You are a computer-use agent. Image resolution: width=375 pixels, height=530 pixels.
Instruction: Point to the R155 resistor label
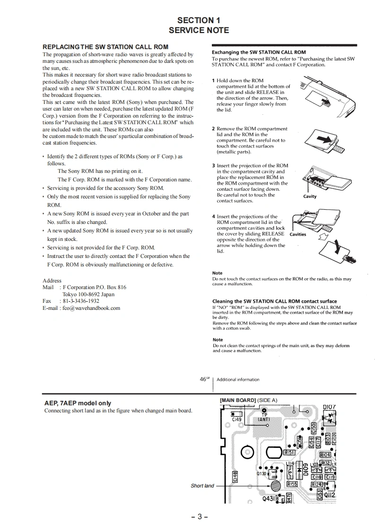point(292,484)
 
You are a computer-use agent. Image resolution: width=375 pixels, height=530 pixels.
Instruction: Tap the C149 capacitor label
point(236,419)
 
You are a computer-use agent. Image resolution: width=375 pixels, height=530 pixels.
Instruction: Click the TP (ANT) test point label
point(264,417)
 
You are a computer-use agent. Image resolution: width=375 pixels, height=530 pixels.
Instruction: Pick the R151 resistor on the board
point(289,452)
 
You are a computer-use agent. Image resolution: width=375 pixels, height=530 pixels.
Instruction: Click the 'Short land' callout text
point(202,486)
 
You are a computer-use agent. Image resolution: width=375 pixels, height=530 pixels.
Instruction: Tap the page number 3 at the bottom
point(199,516)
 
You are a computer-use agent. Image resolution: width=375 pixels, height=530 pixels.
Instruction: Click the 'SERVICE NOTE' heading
point(199,30)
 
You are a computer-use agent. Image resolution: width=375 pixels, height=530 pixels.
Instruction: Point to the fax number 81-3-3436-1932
point(81,301)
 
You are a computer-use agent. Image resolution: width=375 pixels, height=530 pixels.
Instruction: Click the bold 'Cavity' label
point(310,197)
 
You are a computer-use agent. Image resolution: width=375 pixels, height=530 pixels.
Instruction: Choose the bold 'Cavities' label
point(297,234)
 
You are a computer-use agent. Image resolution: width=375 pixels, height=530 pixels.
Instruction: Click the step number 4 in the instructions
point(214,216)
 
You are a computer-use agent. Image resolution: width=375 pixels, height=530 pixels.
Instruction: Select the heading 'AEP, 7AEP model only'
point(78,403)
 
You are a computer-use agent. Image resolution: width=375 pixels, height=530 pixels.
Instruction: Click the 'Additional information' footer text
point(238,379)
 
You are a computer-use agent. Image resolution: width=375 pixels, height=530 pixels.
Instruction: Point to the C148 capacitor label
point(236,478)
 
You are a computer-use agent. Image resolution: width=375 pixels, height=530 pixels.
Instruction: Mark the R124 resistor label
point(316,485)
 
